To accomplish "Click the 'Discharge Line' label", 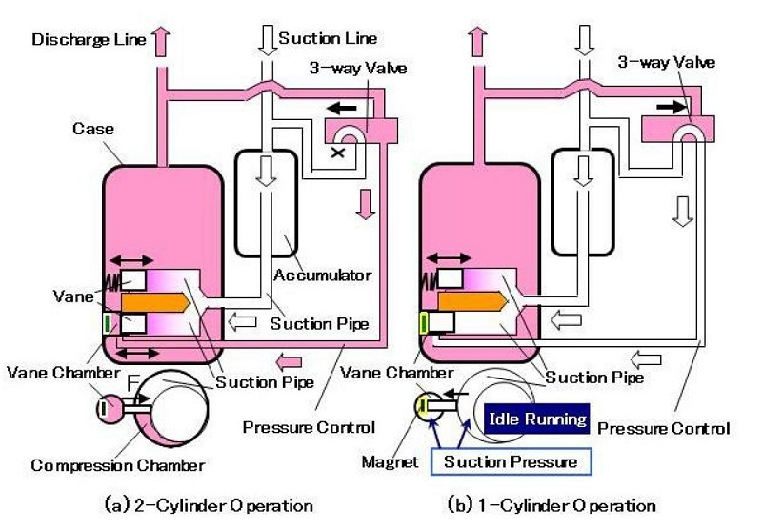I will point(89,39).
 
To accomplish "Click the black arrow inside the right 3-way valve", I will point(674,108).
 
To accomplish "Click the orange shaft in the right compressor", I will point(471,301).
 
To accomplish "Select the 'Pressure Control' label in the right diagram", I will point(664,428).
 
